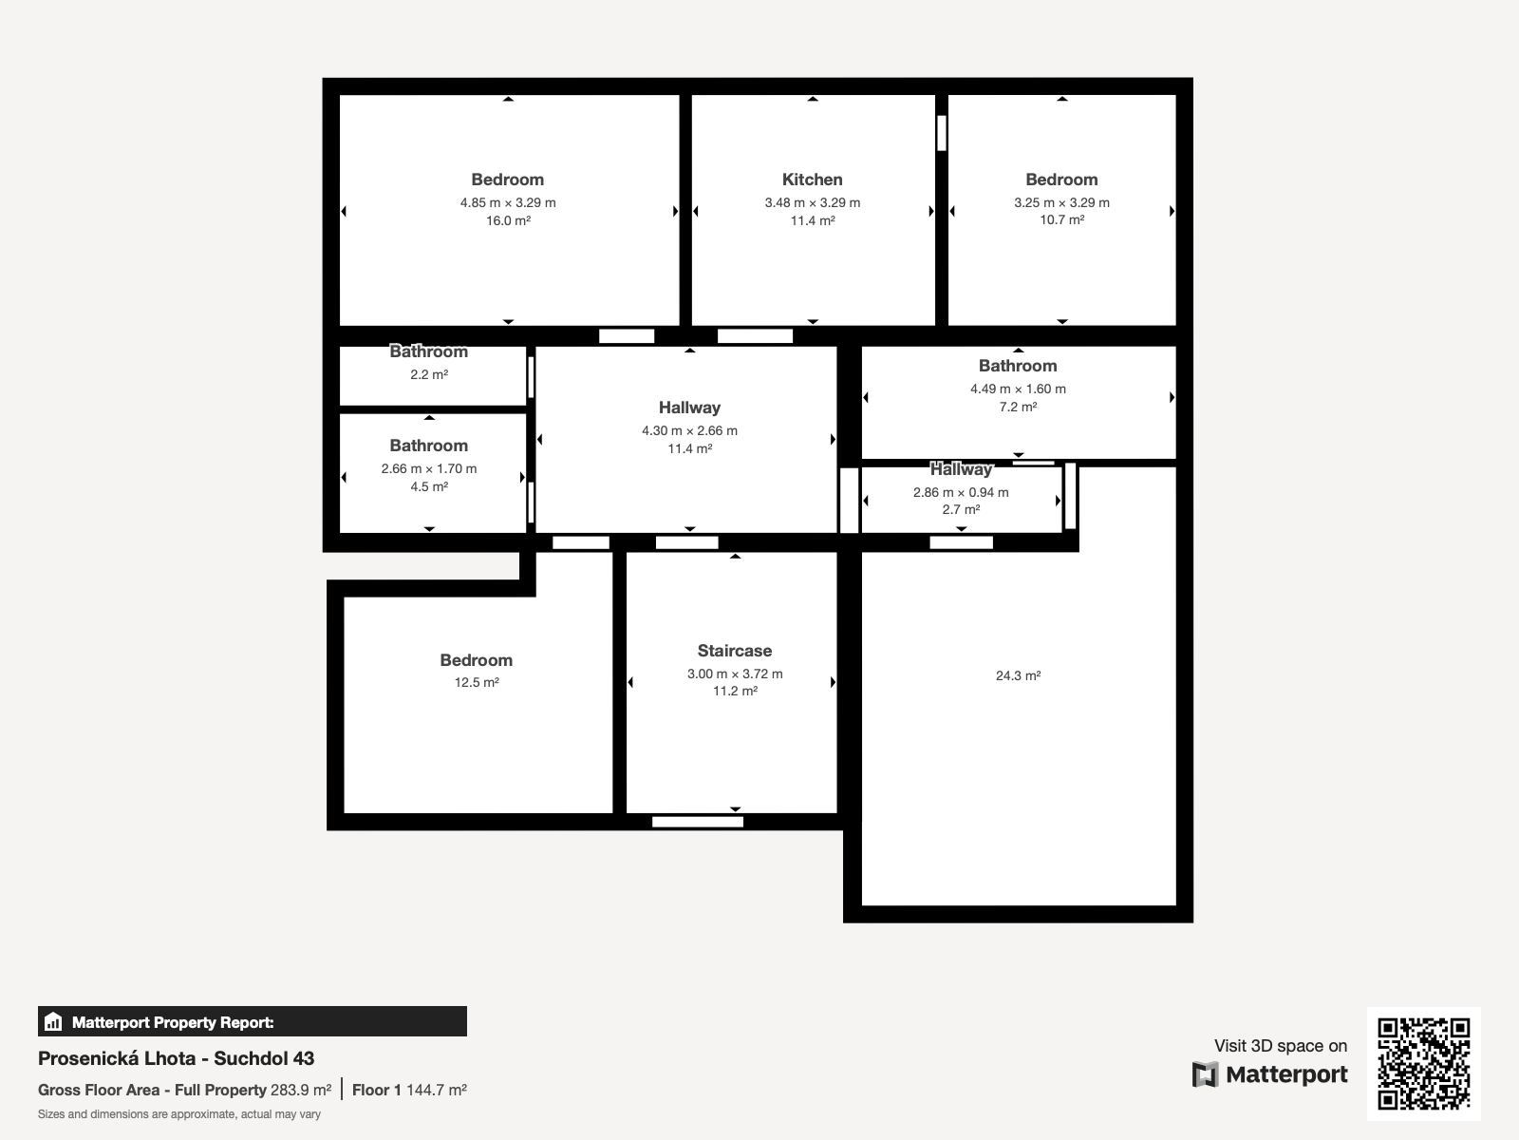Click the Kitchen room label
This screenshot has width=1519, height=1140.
click(x=812, y=180)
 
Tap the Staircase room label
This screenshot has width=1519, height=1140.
click(x=734, y=651)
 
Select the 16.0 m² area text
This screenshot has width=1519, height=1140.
click(x=508, y=220)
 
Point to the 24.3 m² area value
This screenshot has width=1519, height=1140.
click(x=1018, y=675)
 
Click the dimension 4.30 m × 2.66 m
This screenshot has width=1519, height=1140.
click(x=689, y=430)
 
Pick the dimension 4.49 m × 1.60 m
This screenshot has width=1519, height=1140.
click(x=1018, y=389)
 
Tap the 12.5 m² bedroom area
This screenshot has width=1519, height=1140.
click(x=477, y=682)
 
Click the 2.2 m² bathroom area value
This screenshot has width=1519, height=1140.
click(x=429, y=374)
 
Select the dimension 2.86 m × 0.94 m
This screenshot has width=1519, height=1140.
click(x=961, y=492)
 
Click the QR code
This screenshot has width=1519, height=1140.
click(x=1423, y=1063)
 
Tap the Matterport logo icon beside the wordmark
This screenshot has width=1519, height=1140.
click(x=1205, y=1074)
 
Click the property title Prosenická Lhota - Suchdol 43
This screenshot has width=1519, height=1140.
click(x=176, y=1058)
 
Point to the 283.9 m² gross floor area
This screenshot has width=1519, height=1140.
click(x=301, y=1091)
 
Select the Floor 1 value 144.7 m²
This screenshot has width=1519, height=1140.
click(x=437, y=1091)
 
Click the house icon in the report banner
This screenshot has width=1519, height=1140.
click(x=53, y=1021)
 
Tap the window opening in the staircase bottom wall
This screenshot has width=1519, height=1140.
click(x=698, y=822)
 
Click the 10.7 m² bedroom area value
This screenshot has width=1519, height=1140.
click(x=1061, y=219)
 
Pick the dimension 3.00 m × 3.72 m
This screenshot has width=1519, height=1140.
click(x=734, y=674)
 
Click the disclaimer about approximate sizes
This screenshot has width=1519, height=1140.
click(x=179, y=1114)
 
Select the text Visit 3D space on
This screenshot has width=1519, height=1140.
click(x=1281, y=1046)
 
